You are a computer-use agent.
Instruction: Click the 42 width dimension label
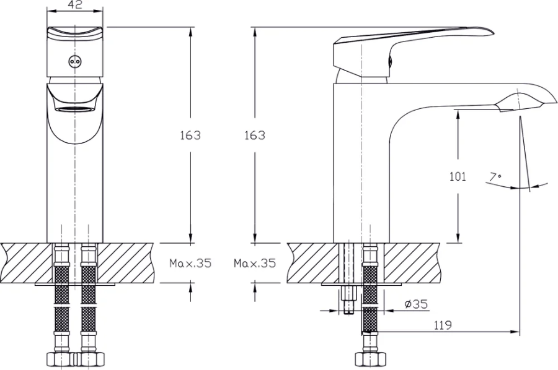click(75, 4)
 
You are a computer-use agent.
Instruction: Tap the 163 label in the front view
click(190, 136)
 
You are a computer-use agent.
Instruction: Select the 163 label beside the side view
click(255, 136)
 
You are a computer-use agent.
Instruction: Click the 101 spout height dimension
click(458, 176)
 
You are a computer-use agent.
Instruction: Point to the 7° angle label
click(495, 177)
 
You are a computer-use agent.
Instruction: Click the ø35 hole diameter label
click(416, 304)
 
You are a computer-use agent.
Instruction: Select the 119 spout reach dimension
click(443, 325)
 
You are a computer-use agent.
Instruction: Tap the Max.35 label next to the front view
click(190, 263)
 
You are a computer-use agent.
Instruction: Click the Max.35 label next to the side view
click(255, 263)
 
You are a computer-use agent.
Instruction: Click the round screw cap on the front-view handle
click(74, 61)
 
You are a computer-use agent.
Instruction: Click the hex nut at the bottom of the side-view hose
click(370, 359)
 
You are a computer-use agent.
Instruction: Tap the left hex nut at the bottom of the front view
click(61, 359)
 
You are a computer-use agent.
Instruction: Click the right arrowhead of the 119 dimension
click(515, 332)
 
